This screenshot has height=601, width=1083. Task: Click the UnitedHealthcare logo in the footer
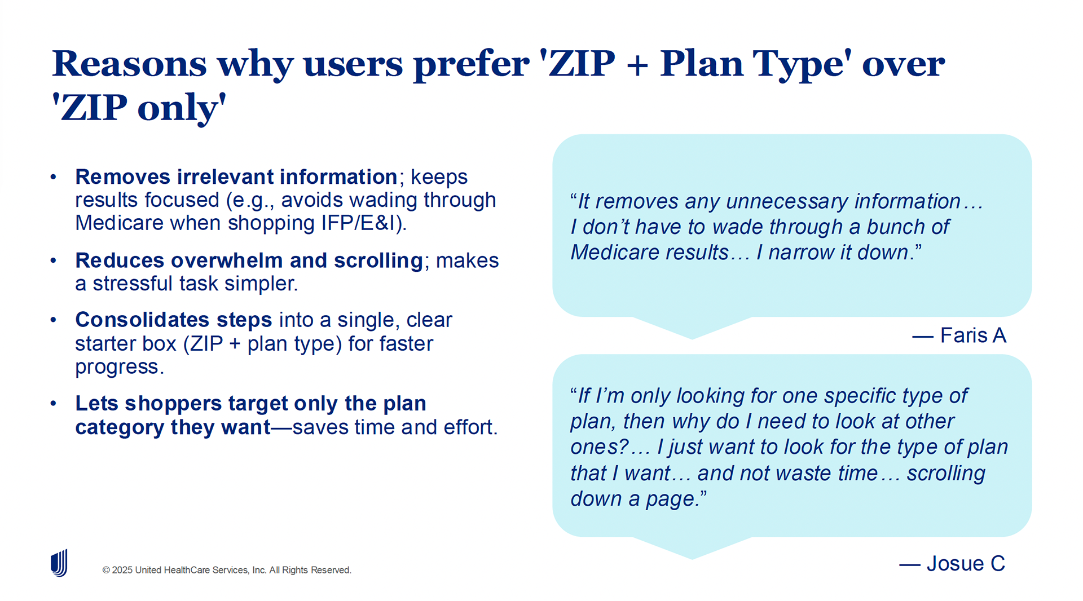pyautogui.click(x=59, y=563)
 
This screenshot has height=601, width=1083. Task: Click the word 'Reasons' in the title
pyautogui.click(x=130, y=63)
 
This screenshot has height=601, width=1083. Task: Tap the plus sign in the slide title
pyautogui.click(x=637, y=64)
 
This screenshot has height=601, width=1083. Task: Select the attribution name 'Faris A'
pyautogui.click(x=973, y=335)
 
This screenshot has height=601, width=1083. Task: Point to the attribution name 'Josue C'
pyautogui.click(x=966, y=563)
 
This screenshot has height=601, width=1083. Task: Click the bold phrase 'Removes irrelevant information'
pyautogui.click(x=236, y=176)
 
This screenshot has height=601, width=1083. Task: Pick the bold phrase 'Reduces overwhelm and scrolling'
pyautogui.click(x=249, y=260)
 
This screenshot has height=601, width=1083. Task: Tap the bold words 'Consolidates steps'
pyautogui.click(x=174, y=320)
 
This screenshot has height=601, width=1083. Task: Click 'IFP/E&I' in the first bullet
pyautogui.click(x=362, y=223)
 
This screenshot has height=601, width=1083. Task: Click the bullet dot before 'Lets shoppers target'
pyautogui.click(x=54, y=403)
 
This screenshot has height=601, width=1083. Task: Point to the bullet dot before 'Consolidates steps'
pyautogui.click(x=54, y=320)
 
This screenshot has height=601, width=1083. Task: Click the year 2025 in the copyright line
pyautogui.click(x=122, y=570)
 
